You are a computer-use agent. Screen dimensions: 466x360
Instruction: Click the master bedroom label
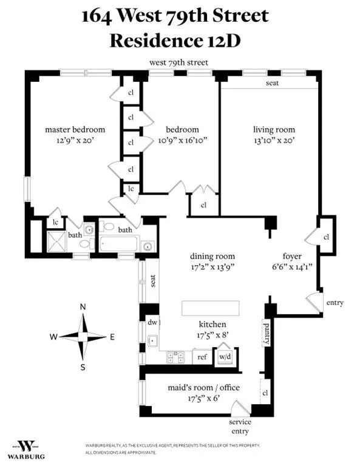[75, 129]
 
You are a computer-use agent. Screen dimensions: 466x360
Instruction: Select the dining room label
[212, 256]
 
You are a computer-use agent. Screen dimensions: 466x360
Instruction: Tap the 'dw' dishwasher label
[152, 323]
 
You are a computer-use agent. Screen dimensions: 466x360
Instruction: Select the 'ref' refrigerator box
[203, 357]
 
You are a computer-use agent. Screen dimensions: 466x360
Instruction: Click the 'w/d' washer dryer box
[225, 357]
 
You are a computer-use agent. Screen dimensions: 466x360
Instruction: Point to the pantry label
[265, 333]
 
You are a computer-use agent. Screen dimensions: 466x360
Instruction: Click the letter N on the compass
[83, 307]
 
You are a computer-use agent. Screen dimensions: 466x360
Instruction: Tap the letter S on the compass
[83, 366]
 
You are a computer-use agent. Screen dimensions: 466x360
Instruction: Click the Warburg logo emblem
[25, 446]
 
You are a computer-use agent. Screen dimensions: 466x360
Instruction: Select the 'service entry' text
[240, 426]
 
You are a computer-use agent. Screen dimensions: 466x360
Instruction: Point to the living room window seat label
[272, 83]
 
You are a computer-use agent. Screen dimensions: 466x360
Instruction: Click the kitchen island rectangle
[210, 308]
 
